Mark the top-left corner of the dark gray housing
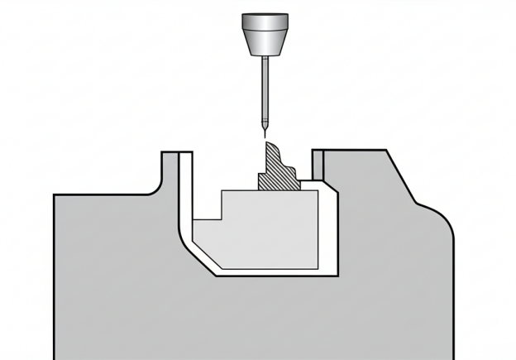point(55,196)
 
